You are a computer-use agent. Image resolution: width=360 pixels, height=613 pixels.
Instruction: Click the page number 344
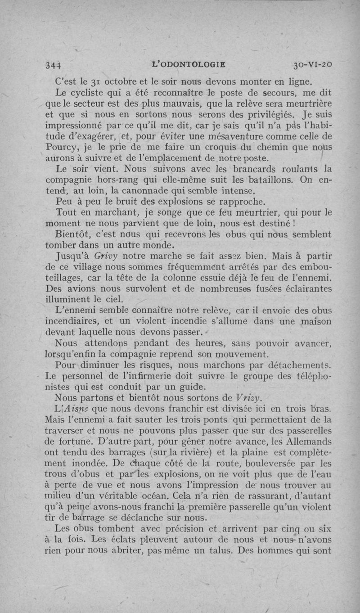tap(54, 65)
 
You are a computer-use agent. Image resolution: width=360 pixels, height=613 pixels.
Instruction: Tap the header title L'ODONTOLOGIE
tap(189, 64)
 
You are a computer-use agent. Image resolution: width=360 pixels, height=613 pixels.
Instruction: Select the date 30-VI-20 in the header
tap(312, 64)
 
